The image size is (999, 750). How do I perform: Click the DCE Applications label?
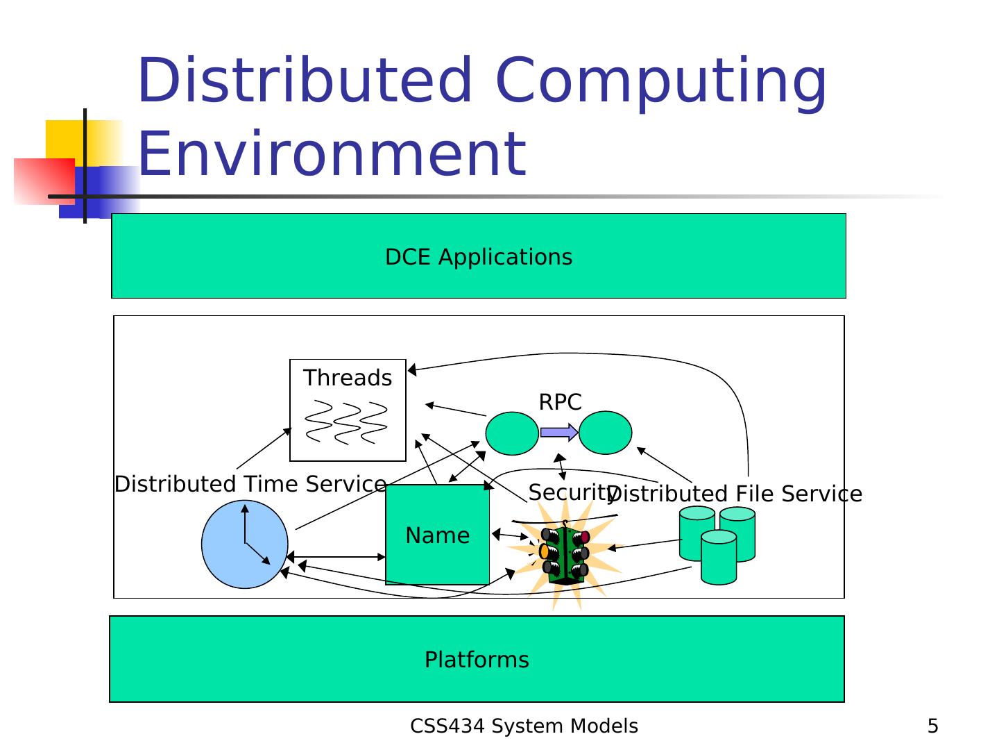[479, 257]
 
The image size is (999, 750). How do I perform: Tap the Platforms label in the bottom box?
[477, 659]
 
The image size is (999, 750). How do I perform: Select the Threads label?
[348, 378]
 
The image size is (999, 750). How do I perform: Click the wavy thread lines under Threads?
[346, 422]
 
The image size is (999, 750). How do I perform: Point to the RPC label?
[560, 402]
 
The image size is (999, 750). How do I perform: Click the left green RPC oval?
[512, 433]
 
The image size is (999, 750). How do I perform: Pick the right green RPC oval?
[605, 433]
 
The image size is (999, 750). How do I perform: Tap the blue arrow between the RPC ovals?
[559, 433]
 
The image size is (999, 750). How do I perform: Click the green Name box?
[437, 535]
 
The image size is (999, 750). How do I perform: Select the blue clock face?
[244, 544]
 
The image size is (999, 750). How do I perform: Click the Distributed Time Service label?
[250, 484]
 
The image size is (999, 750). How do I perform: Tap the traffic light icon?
[565, 554]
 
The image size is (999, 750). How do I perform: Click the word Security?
[569, 492]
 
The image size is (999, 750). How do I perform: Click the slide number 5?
[932, 726]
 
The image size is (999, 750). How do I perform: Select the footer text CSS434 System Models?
[524, 726]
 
